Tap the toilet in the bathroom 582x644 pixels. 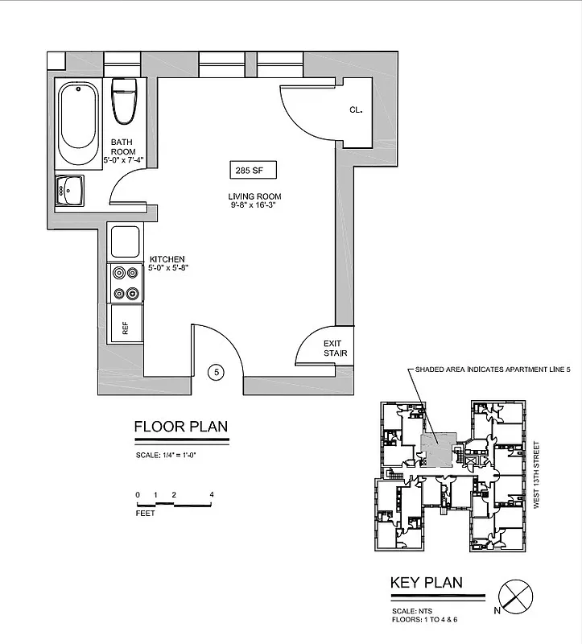123,101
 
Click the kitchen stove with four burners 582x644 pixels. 126,283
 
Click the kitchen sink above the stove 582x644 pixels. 126,242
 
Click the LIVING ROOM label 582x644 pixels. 254,196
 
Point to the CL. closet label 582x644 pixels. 356,110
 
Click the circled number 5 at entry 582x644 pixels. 216,372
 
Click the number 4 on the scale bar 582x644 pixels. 211,494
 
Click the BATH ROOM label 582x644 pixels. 123,147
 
